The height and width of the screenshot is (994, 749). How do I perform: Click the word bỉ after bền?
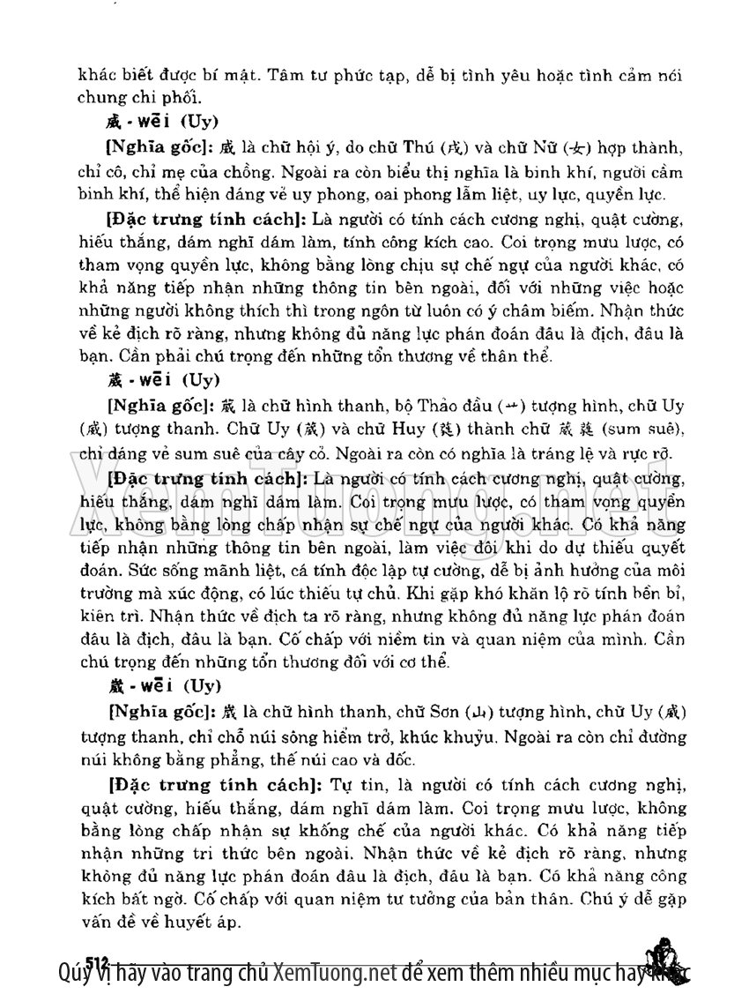(x=665, y=594)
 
